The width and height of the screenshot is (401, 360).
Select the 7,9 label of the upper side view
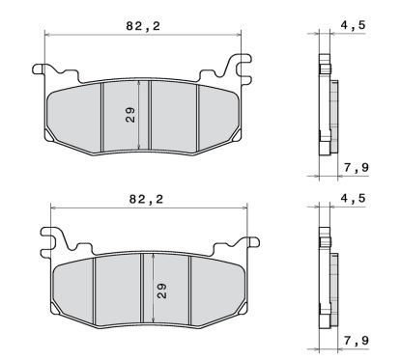click(x=354, y=169)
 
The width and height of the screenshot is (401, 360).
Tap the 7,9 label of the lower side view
click(x=354, y=343)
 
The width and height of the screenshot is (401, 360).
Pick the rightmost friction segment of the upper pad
click(x=215, y=116)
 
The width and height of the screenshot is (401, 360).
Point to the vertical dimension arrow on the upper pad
click(x=142, y=114)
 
